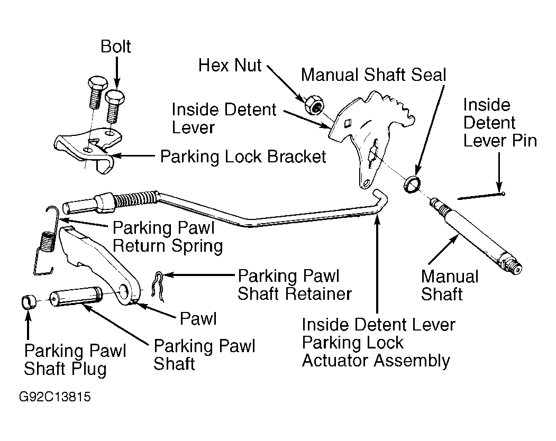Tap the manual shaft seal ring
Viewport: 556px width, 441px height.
[x=412, y=184]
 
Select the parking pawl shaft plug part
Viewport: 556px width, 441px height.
[x=29, y=302]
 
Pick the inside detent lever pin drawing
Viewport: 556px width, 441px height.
[x=481, y=196]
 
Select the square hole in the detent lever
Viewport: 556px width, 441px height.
[x=348, y=123]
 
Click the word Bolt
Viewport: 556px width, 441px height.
[x=116, y=47]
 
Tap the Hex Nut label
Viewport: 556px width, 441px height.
[x=230, y=65]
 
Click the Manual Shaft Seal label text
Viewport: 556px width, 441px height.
[x=373, y=75]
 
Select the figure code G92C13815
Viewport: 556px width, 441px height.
[x=55, y=397]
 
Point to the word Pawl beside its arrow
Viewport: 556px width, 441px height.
[x=198, y=318]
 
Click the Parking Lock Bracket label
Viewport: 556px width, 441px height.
[x=243, y=157]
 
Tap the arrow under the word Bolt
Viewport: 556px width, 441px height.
[x=116, y=73]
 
